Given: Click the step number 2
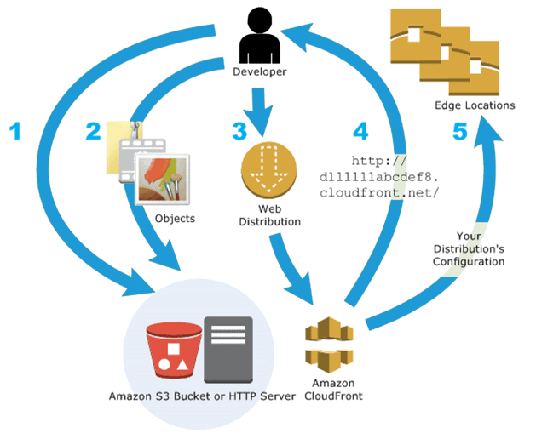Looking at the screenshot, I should pos(94,132).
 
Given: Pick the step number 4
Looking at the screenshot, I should pos(361,132).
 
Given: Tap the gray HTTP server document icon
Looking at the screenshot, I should pos(228,348).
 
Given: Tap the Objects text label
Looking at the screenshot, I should pos(176,219).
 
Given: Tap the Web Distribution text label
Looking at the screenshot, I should pos(268,215).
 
